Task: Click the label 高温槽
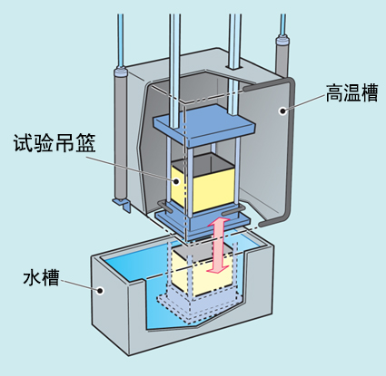pyautogui.click(x=351, y=93)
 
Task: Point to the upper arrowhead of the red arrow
pyautogui.click(x=217, y=222)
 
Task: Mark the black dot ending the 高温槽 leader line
pyautogui.click(x=283, y=111)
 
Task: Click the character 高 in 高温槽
pyautogui.click(x=332, y=93)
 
